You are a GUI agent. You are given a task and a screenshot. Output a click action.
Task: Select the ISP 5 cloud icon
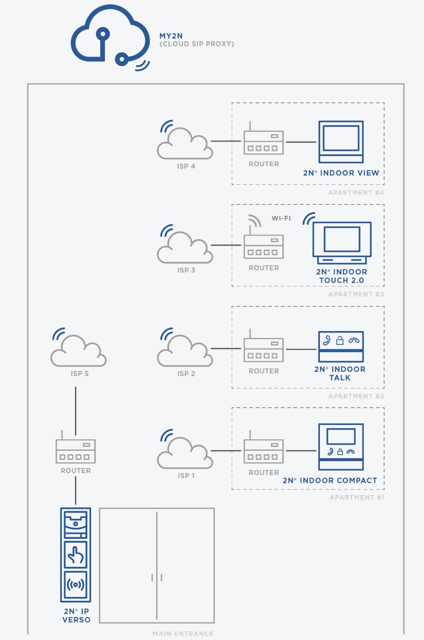click(79, 351)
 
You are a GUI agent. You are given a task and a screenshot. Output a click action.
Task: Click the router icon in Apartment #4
click(263, 142)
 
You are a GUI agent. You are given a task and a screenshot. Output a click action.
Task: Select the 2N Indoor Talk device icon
click(341, 346)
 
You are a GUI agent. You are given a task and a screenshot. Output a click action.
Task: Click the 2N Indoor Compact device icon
click(341, 447)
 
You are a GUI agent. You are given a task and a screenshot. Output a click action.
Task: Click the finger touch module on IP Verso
click(76, 555)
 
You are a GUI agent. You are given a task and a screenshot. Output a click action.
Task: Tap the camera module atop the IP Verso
click(76, 524)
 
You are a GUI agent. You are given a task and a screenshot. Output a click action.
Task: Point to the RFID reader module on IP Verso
click(76, 585)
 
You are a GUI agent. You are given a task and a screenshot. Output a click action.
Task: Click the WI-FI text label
click(281, 218)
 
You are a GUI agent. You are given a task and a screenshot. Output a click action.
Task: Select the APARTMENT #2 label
click(356, 396)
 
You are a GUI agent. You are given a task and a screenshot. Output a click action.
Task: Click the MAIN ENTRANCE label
click(183, 633)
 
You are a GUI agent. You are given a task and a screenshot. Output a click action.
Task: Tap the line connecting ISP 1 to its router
click(226, 450)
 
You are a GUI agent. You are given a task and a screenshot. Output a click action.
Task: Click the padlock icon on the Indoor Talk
click(340, 340)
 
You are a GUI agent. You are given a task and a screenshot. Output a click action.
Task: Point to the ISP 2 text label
click(186, 374)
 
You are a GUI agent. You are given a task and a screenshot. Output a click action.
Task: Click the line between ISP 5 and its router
click(76, 411)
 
